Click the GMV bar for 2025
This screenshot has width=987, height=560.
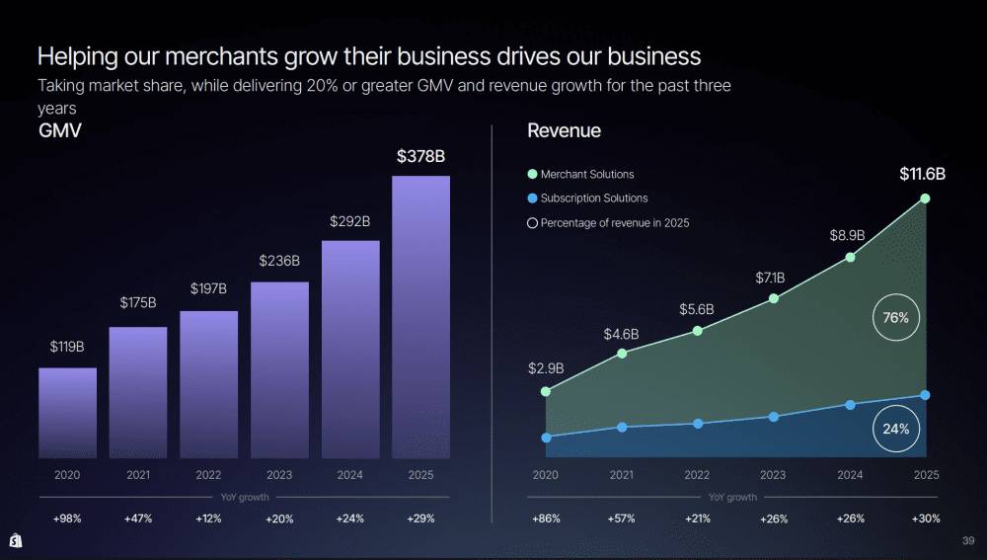point(420,316)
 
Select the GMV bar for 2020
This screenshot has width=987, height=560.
point(67,413)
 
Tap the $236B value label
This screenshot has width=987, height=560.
point(279,261)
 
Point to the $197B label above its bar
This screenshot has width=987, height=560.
point(208,288)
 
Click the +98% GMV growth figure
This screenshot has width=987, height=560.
point(67,519)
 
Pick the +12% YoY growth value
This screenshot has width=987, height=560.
point(208,519)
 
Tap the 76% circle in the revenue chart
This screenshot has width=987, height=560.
point(896,318)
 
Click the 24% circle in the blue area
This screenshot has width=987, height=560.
point(896,429)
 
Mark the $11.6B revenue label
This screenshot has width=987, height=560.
point(922,175)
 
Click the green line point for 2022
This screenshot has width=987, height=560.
point(697,331)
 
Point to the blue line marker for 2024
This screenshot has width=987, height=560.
point(850,405)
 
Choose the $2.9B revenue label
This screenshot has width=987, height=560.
point(546,368)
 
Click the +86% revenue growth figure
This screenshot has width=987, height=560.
point(546,519)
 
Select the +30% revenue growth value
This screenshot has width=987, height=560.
point(926,519)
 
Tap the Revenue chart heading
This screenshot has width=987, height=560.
point(564,130)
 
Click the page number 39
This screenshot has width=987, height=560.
point(968,540)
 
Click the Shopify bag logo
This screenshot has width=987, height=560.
point(16,541)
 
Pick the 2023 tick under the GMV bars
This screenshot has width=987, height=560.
point(279,475)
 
